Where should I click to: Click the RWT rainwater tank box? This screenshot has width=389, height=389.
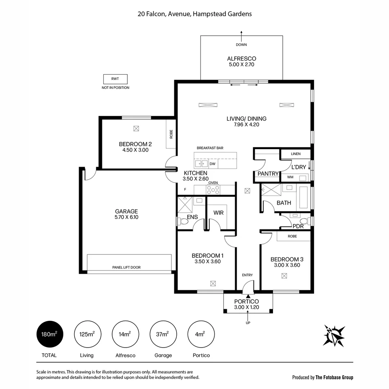click(115, 79)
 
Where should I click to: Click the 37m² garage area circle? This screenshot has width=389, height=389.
click(163, 334)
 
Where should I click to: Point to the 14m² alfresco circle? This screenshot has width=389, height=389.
click(125, 334)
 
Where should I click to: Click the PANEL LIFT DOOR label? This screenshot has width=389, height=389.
click(126, 267)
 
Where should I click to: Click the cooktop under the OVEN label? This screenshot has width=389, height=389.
click(213, 190)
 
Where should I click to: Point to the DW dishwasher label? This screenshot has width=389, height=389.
click(213, 164)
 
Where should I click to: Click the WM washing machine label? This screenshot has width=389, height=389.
click(290, 178)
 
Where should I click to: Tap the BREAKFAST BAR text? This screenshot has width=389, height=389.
click(210, 148)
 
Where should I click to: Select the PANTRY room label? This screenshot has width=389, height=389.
click(268, 174)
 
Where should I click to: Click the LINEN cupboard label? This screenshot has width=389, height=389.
click(296, 154)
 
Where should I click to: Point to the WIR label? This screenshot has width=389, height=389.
click(218, 213)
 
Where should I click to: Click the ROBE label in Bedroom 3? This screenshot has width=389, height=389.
click(292, 237)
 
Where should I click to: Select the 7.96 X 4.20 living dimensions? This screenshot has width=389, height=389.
click(246, 125)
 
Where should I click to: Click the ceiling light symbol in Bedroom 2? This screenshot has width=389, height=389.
click(136, 128)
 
